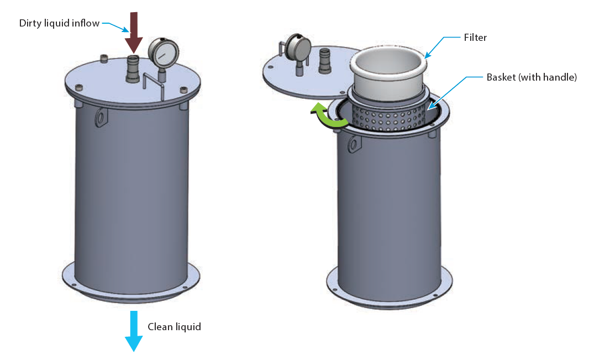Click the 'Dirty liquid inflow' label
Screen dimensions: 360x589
click(x=59, y=23)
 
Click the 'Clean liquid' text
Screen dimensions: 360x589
click(x=174, y=327)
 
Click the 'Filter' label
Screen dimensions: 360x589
click(x=475, y=38)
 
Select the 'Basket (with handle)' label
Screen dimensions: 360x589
click(x=532, y=78)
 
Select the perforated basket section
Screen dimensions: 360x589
click(x=393, y=117)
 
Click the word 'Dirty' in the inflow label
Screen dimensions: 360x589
click(x=30, y=23)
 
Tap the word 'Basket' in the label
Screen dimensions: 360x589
click(x=501, y=78)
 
